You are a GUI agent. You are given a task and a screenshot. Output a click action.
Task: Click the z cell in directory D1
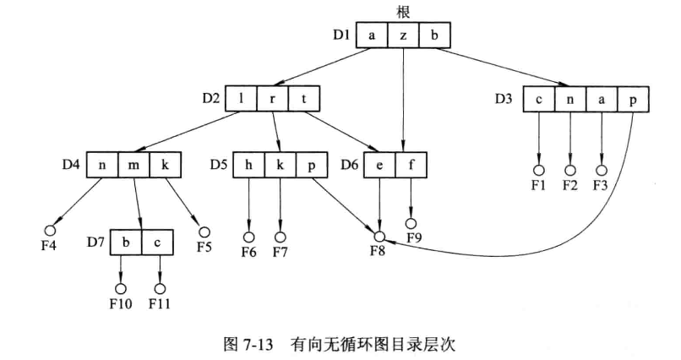coord(404,36)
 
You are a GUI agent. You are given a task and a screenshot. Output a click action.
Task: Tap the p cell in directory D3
coord(633,99)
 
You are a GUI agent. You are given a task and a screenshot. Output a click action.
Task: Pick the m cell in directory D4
coord(134,163)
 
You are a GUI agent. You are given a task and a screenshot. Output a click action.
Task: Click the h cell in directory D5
coord(248,163)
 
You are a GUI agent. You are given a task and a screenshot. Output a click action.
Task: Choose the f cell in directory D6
coord(411,163)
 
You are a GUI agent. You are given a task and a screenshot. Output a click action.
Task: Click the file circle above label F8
coord(380,237)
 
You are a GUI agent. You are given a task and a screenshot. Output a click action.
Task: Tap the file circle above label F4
coord(50,230)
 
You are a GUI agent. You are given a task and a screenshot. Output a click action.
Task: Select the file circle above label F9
coord(411,224)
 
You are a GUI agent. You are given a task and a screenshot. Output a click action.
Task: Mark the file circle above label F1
coord(538,170)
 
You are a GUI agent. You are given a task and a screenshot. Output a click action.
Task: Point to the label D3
coord(504,99)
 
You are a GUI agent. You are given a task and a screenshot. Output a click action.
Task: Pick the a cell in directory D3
coord(602,99)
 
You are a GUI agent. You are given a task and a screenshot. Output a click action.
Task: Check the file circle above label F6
coord(249,237)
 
